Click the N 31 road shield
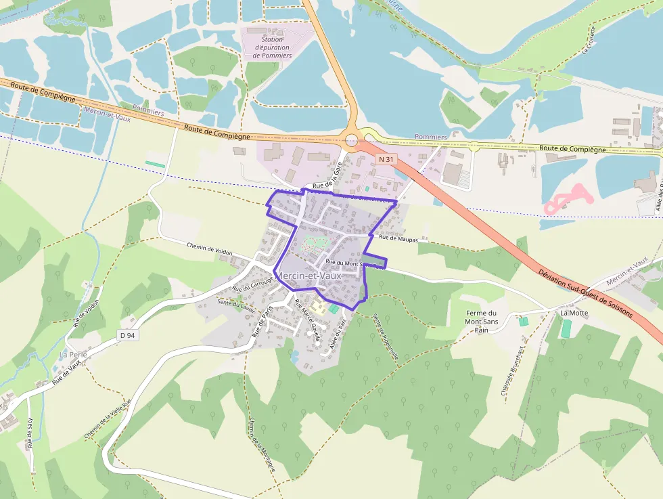[386, 159]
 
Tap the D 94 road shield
[127, 335]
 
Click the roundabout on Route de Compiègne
[351, 141]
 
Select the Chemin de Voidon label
[209, 250]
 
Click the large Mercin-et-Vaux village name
[308, 276]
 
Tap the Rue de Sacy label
[30, 434]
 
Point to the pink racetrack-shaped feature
[567, 197]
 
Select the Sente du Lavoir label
[233, 304]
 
